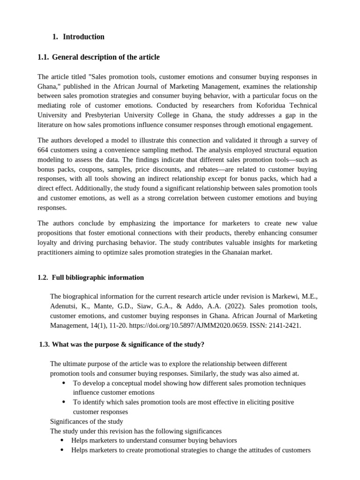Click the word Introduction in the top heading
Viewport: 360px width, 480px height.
tap(83, 37)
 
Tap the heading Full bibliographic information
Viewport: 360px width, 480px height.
tap(97, 277)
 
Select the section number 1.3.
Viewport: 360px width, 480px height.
tap(44, 345)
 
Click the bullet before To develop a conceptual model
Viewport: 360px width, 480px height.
tap(64, 383)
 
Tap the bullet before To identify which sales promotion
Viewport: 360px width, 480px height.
tap(64, 402)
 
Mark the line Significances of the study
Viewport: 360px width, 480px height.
tap(87, 421)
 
